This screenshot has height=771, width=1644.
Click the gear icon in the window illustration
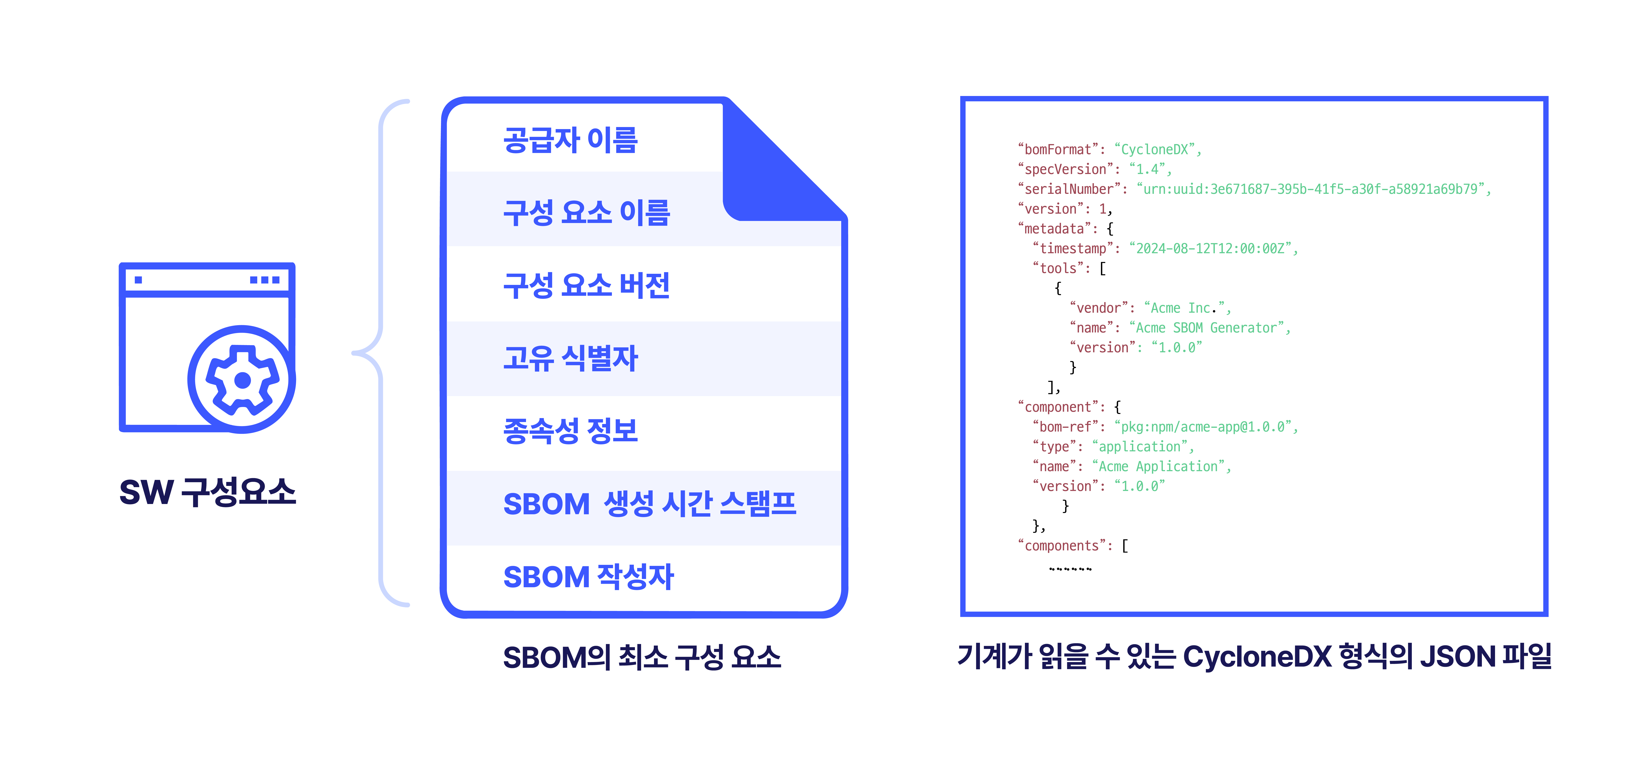(242, 380)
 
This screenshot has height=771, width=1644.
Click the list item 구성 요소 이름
(586, 213)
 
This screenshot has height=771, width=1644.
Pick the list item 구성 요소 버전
(586, 285)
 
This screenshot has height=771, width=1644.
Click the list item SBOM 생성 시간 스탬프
(650, 504)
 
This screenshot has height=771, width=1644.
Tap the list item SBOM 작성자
(588, 576)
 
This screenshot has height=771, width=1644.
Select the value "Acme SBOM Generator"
(1206, 327)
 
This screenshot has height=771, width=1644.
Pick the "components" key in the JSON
(1061, 546)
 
